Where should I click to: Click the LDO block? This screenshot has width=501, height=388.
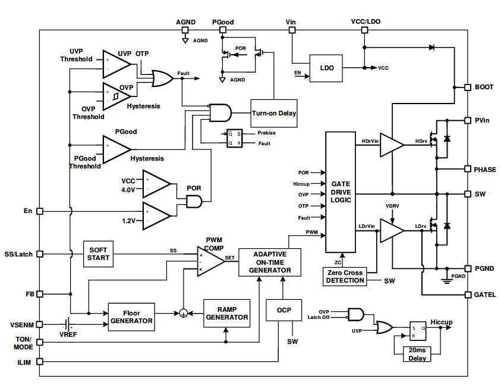point(327,68)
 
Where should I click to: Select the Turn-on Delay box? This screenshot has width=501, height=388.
point(274,113)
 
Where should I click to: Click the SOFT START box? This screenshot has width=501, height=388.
point(97,254)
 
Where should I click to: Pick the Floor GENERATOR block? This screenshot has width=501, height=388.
point(131,316)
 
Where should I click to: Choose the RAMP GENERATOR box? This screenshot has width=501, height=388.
point(226,313)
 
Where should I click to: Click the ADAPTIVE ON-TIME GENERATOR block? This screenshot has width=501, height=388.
point(269,262)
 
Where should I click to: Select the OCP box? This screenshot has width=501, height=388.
point(283,310)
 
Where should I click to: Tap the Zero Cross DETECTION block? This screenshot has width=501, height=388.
point(345,276)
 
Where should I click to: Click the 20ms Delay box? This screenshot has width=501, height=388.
point(417,354)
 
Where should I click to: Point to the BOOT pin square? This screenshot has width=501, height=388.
point(467,87)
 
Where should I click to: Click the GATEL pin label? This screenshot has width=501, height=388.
point(484,295)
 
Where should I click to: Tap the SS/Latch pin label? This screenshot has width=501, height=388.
point(18,254)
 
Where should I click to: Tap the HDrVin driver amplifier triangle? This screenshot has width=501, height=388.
point(391,145)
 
